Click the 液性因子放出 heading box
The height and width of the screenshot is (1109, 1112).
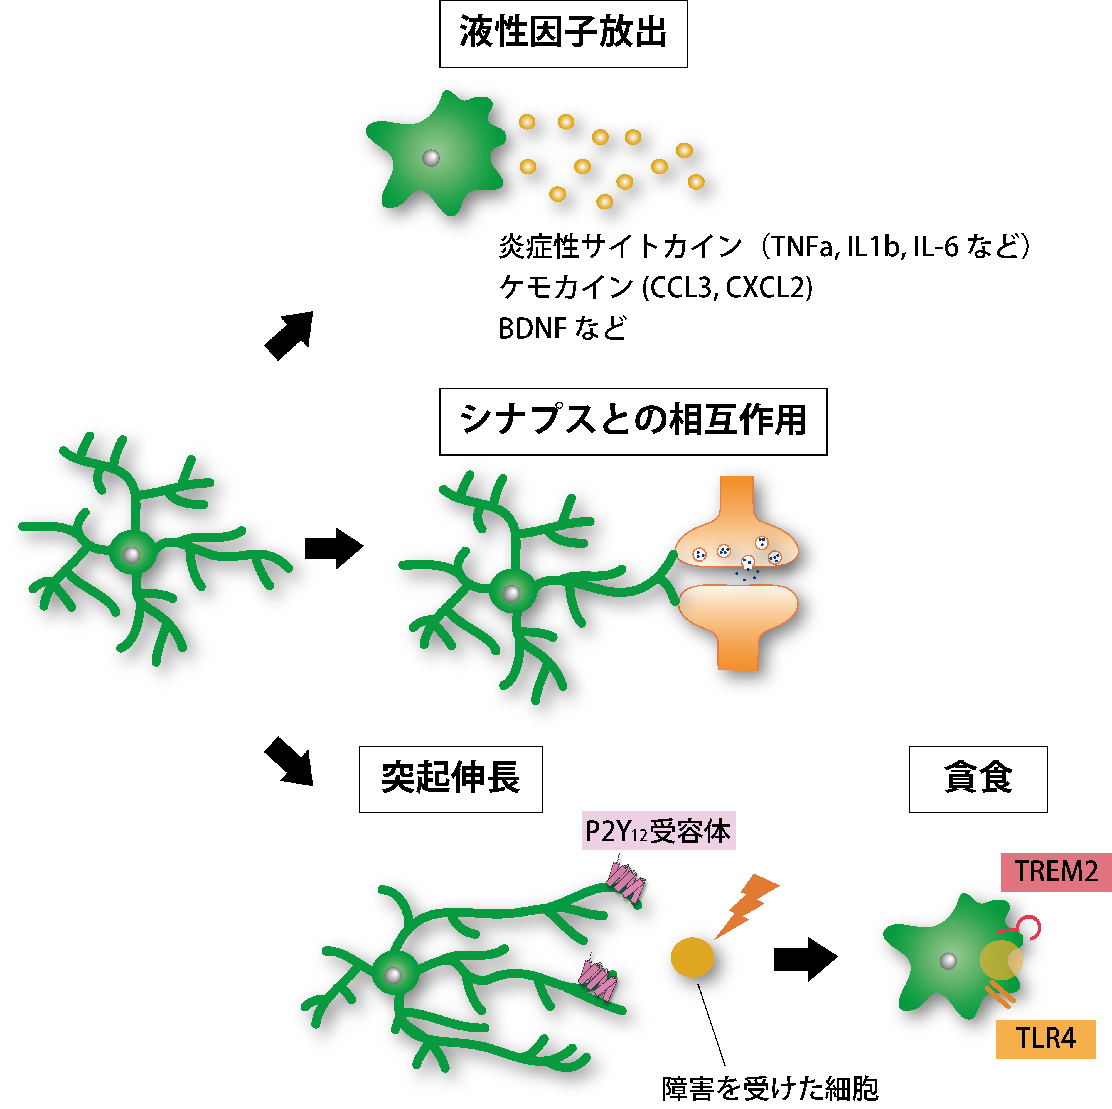point(563,33)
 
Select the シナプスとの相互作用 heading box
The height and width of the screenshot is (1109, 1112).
point(633,422)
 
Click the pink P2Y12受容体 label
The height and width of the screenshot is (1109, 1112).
point(658,831)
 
